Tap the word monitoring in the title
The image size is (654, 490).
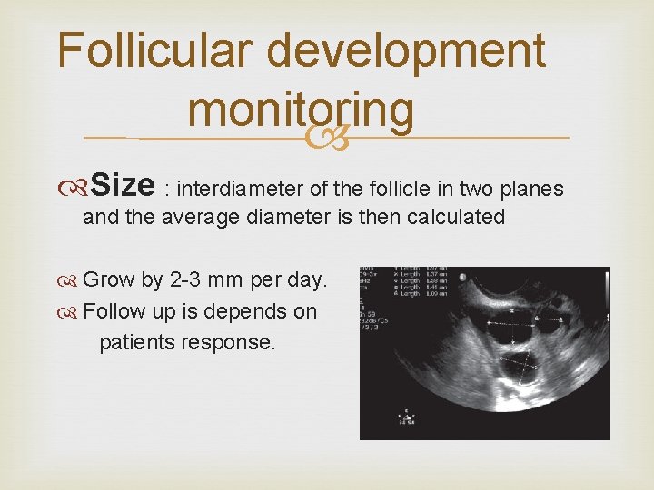[301, 111]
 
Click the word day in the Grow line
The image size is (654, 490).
[308, 280]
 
